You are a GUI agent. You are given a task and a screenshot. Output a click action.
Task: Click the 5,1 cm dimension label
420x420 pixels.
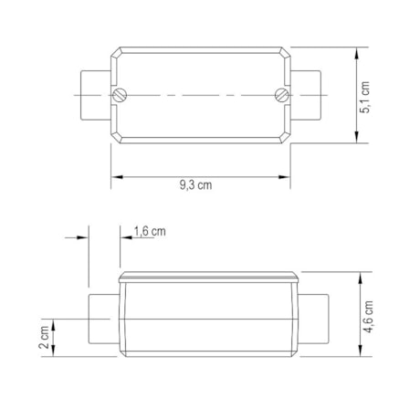click(367, 97)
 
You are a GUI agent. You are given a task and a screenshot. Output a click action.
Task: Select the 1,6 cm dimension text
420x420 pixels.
click(150, 231)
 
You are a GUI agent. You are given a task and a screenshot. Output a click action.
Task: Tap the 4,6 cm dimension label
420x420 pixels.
click(368, 320)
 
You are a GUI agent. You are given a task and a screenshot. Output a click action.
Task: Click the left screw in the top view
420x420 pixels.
click(119, 95)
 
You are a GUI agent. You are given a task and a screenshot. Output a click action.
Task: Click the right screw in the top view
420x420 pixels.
click(281, 95)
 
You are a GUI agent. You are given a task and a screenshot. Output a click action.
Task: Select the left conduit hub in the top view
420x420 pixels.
click(94, 95)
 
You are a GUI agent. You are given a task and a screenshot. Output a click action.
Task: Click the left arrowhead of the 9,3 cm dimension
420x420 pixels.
click(116, 175)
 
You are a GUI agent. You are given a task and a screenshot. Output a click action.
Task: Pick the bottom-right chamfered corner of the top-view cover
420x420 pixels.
click(287, 139)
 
